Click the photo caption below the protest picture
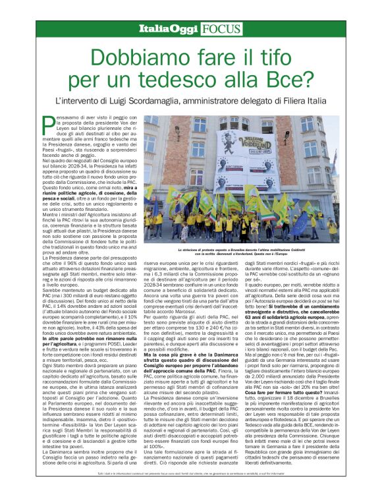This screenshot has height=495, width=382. (240, 252)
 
